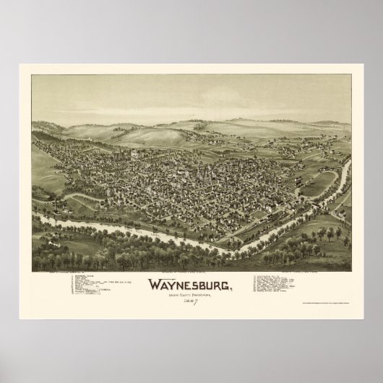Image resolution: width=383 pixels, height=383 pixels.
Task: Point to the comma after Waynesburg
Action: pyautogui.click(x=232, y=287)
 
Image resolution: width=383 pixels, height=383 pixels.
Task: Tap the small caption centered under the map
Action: pyautogui.click(x=191, y=273)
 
